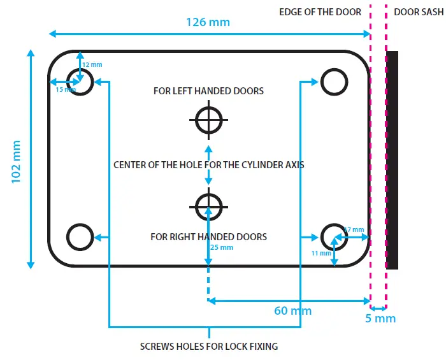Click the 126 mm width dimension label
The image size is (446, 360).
[x=208, y=22]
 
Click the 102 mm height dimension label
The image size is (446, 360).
[x=17, y=162]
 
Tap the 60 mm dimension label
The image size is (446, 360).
[x=292, y=311]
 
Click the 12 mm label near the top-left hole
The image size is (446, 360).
[x=92, y=65]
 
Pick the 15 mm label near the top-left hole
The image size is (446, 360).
[x=65, y=90]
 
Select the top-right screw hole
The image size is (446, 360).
[x=334, y=82]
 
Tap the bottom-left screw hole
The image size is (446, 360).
[x=80, y=236]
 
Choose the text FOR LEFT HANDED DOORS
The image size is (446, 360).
[x=208, y=91]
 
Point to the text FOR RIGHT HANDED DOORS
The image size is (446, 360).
[x=208, y=237]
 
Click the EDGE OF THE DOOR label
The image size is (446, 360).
[x=320, y=12]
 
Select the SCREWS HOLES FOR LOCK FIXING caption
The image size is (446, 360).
[x=208, y=347]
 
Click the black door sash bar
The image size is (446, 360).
[x=392, y=160]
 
